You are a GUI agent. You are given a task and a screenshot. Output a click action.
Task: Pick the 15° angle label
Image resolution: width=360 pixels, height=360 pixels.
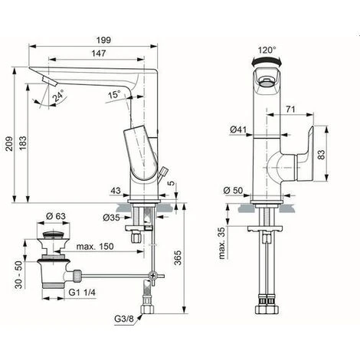(114, 95)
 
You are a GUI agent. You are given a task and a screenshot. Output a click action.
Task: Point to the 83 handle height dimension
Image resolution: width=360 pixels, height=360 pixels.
(322, 154)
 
